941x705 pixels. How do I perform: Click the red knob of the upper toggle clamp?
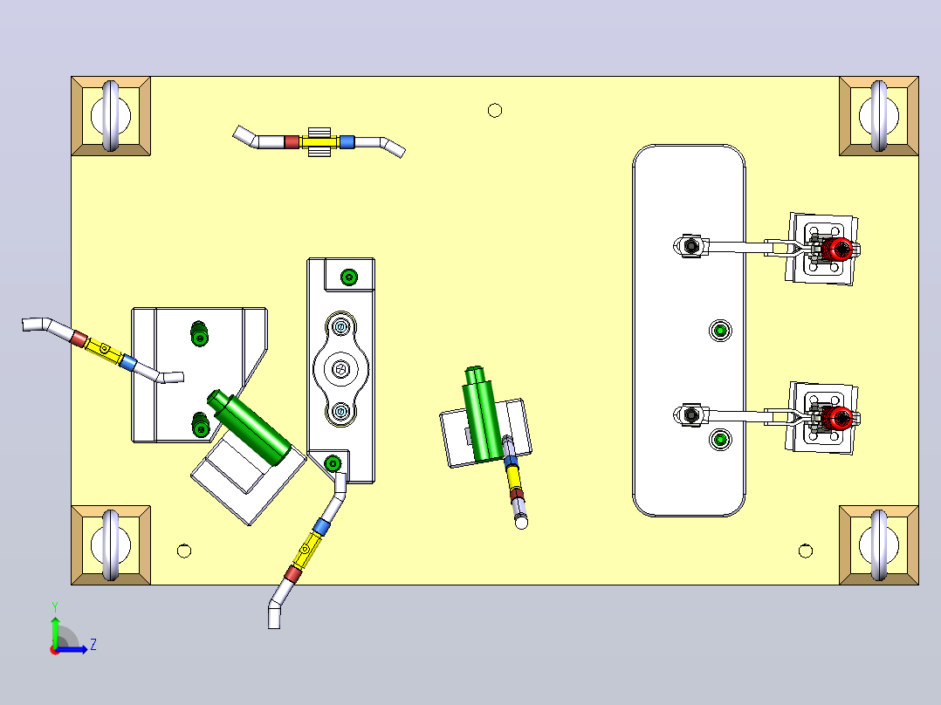(838, 249)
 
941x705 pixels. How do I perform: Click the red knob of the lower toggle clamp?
(838, 418)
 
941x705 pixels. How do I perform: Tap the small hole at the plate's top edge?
(495, 111)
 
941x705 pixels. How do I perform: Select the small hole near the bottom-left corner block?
(184, 551)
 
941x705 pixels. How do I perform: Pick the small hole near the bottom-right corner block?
(806, 551)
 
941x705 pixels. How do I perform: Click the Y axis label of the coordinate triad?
(55, 606)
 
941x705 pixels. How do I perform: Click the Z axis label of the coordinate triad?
(93, 645)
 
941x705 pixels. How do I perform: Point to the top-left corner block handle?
(111, 116)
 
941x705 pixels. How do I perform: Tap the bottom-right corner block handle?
(879, 545)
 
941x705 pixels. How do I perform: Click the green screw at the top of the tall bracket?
(349, 277)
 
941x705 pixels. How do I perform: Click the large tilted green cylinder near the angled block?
(250, 427)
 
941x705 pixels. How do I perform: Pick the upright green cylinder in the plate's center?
(483, 414)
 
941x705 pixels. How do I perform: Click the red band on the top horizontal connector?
(292, 142)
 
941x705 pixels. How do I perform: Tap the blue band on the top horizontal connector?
(347, 142)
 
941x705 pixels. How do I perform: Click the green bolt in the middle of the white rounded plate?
(720, 331)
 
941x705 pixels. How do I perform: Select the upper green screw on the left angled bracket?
(199, 333)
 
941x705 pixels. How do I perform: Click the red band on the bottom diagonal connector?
(292, 574)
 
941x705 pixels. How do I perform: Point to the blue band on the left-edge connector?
(127, 362)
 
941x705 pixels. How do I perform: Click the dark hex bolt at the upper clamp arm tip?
(691, 246)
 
